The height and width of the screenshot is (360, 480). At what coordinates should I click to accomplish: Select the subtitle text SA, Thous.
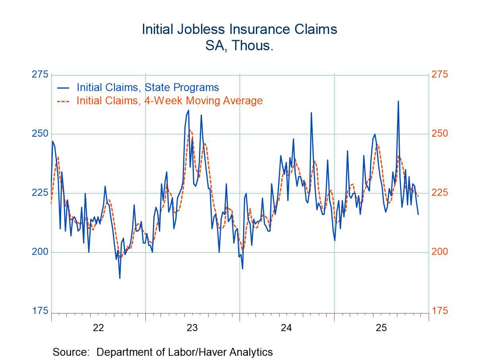tap(239, 46)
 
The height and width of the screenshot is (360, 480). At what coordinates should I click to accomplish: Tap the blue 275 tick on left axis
tap(39, 75)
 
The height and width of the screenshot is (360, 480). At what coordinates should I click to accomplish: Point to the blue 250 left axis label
tap(39, 134)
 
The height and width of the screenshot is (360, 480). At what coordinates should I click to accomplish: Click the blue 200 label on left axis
tap(39, 252)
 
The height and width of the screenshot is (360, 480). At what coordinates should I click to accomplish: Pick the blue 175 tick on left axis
tap(39, 311)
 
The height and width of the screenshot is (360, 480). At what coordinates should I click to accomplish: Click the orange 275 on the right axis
tap(439, 75)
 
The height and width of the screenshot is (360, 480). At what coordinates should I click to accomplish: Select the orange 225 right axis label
tap(439, 193)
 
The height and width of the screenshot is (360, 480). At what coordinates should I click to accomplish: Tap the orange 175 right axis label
tap(439, 311)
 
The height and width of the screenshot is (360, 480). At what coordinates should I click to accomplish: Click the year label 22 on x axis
tap(98, 328)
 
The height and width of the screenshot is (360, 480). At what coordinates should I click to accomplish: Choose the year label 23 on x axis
tap(192, 328)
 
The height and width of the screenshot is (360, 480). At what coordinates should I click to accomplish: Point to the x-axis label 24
tap(286, 328)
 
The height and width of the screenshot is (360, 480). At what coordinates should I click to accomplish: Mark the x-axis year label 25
tap(381, 328)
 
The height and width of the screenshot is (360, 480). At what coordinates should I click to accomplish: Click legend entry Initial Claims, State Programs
tap(147, 87)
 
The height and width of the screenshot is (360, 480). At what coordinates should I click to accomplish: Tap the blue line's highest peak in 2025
tap(398, 101)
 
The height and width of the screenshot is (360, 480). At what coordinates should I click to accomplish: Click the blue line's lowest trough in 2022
tap(120, 278)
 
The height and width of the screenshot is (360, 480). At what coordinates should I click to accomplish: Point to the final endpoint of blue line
tap(418, 214)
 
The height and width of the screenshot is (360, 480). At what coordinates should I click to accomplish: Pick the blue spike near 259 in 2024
tap(311, 113)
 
